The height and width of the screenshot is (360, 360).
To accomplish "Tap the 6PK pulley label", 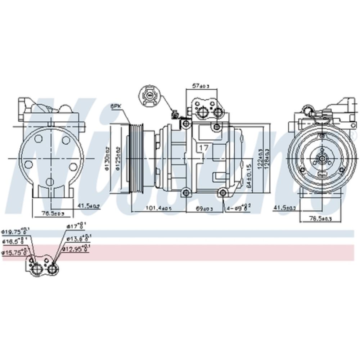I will click(x=116, y=107).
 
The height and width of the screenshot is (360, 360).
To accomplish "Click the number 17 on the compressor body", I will click(x=204, y=148).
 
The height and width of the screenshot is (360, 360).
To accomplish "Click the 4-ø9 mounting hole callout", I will click(x=238, y=207).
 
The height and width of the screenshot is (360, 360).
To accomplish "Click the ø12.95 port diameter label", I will click(x=76, y=248).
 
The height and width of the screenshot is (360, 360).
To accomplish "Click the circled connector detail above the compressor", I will click(x=149, y=95).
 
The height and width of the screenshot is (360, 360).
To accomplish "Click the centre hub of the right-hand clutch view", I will click(x=321, y=158).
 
